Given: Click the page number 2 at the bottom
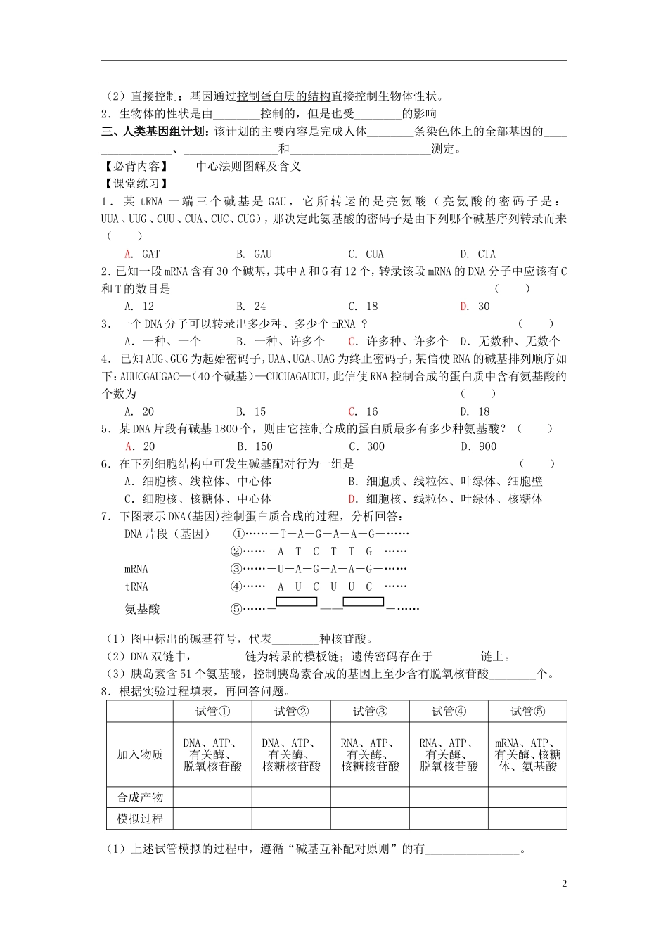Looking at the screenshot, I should [x=564, y=884].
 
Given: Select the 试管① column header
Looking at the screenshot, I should [x=212, y=712].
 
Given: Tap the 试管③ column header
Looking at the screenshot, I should [x=370, y=712].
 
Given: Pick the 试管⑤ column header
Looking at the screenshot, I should [x=527, y=712].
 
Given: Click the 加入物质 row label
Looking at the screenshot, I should [x=140, y=754].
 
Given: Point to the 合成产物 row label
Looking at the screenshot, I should [x=140, y=797].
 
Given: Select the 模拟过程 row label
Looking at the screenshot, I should [x=140, y=818].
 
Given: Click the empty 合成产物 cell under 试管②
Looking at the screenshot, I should [x=291, y=797].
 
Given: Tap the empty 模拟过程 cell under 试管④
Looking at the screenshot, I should [x=449, y=818].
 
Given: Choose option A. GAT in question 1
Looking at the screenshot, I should [x=143, y=254].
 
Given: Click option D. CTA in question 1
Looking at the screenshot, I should [x=478, y=254].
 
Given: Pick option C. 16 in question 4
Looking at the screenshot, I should [x=364, y=411].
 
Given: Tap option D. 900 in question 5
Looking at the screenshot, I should [x=479, y=446].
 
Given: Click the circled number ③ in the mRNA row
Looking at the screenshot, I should [x=236, y=569].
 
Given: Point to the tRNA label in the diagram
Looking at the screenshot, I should [x=136, y=586].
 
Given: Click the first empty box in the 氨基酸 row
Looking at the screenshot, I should [x=297, y=602].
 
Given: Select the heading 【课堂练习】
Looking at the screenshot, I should [x=136, y=184].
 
